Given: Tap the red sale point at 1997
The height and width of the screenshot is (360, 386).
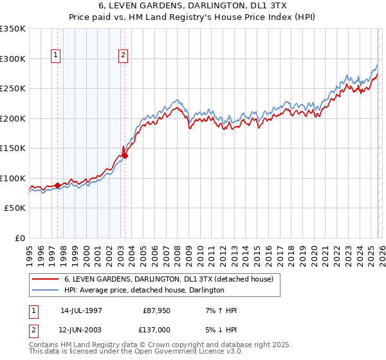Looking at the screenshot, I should [x=58, y=185].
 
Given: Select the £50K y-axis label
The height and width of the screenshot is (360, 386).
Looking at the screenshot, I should [x=15, y=208].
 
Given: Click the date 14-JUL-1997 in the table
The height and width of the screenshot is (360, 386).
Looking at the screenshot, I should [x=81, y=310].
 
